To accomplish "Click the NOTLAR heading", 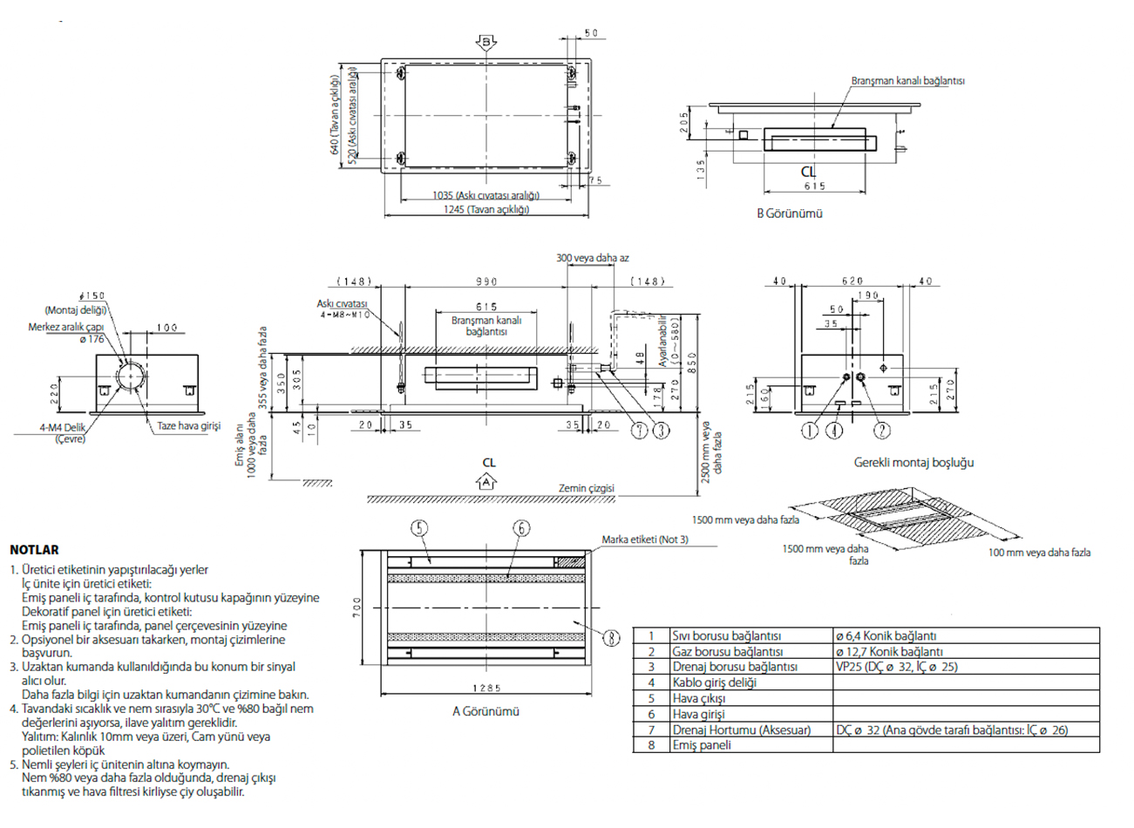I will click(x=34, y=550).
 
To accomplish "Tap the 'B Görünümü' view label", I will click(x=789, y=213).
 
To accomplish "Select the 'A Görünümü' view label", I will click(x=486, y=711).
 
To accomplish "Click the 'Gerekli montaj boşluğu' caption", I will click(x=913, y=463).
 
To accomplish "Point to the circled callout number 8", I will click(x=612, y=638).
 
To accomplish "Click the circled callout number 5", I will click(x=419, y=527).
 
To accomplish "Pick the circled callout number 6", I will click(x=521, y=527).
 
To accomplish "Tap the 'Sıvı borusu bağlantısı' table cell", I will click(x=727, y=636).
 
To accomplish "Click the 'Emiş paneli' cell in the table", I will click(x=702, y=745).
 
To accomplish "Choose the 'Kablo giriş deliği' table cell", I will click(x=714, y=682).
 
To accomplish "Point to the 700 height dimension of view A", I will click(x=357, y=608).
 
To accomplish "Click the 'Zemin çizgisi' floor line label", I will click(x=586, y=488).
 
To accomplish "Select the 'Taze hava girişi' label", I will click(x=188, y=426).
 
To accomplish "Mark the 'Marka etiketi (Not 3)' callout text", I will click(x=644, y=540).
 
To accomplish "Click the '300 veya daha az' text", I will click(x=592, y=258).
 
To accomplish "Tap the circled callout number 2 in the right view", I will click(x=882, y=431).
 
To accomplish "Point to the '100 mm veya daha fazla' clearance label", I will click(x=1039, y=553).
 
